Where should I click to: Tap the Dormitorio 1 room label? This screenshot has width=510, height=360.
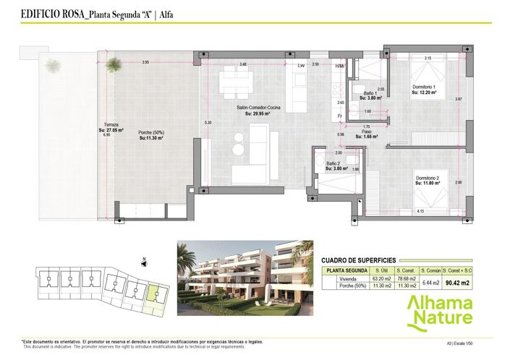tap(425, 88)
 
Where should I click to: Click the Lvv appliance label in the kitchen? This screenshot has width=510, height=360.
tap(301, 65)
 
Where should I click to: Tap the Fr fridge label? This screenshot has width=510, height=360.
tap(339, 116)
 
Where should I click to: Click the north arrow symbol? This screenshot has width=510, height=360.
tap(145, 262)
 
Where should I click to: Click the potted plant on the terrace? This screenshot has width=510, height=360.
tap(53, 65)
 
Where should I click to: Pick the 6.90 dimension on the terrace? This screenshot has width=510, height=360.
tap(106, 135)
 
